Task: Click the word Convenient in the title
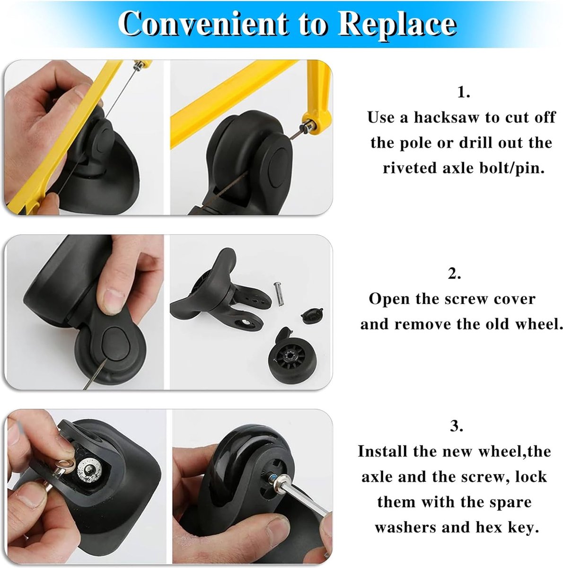pos(203,23)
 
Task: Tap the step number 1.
pos(463,92)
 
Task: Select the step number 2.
pos(454,274)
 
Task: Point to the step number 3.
pos(457,426)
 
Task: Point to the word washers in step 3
pos(405,527)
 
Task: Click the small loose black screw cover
pos(312,315)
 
